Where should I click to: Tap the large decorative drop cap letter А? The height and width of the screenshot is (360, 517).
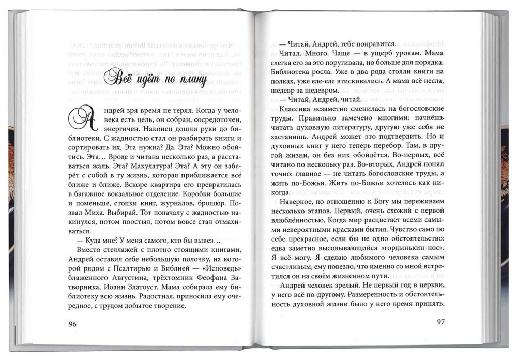coord(83,118)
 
